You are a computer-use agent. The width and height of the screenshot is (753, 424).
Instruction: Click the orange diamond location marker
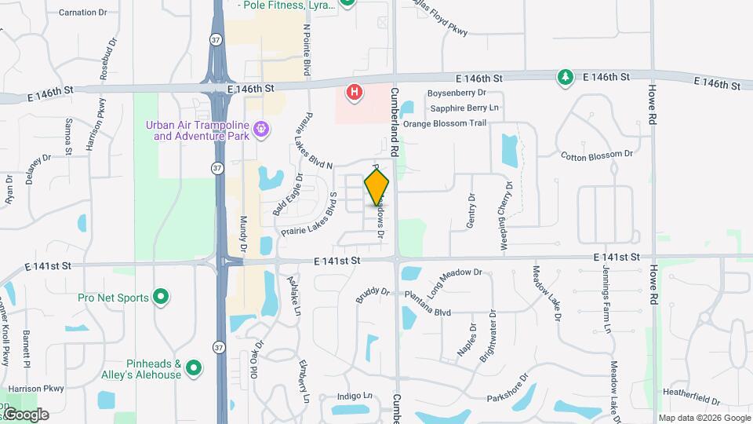point(376,187)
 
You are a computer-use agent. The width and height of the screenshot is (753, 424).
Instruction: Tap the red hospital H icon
point(355,93)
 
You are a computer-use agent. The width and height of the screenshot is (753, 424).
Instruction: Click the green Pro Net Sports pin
point(161,298)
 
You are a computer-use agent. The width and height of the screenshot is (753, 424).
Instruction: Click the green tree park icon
point(565,77)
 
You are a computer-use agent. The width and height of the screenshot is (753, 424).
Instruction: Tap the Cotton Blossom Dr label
point(597,155)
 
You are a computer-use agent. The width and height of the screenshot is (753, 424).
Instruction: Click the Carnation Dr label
point(82,13)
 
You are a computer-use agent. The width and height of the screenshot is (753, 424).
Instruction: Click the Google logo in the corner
point(26,415)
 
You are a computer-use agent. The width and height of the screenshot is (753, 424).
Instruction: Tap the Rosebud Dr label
point(104,58)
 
